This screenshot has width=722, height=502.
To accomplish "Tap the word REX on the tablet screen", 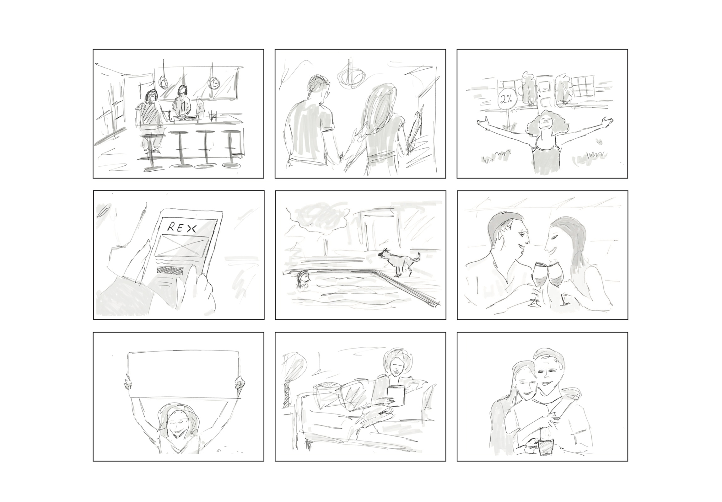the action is [181, 228].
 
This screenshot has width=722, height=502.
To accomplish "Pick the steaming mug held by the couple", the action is [546, 445].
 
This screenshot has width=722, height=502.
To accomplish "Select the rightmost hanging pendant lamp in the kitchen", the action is [213, 82].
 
